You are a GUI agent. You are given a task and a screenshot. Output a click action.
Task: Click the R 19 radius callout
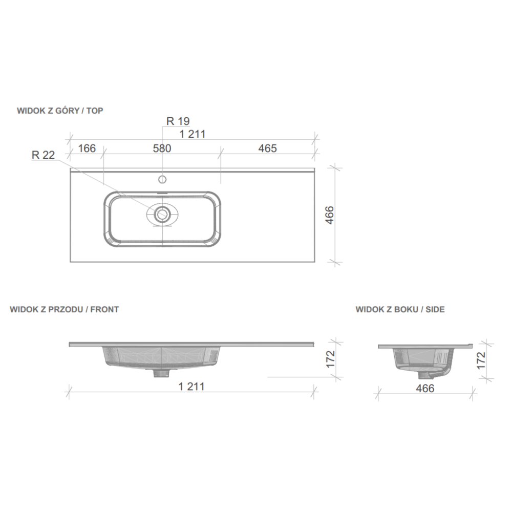click(x=178, y=121)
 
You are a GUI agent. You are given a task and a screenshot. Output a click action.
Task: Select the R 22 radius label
click(x=43, y=155)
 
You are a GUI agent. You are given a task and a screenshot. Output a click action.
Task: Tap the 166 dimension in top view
click(x=87, y=148)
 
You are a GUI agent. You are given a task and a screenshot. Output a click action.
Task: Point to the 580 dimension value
click(x=162, y=148)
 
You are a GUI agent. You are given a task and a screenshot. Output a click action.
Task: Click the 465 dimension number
click(x=267, y=148)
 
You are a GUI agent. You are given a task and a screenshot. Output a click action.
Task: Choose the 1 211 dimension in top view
click(x=193, y=134)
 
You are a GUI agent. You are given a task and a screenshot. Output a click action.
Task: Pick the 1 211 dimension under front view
click(x=191, y=387)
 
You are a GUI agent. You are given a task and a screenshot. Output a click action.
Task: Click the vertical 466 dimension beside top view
click(x=330, y=215)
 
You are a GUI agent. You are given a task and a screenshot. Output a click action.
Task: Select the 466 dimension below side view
click(x=425, y=388)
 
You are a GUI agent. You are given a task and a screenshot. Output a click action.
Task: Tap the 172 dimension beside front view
click(x=330, y=359)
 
